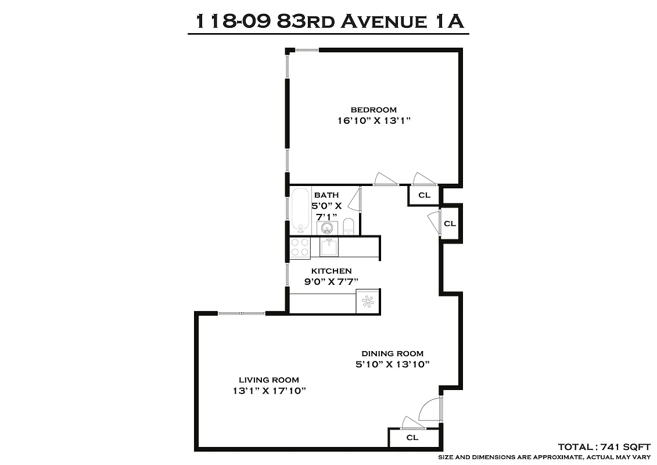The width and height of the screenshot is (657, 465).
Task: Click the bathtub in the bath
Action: (x=300, y=210)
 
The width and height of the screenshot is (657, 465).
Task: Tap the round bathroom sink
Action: (x=328, y=227)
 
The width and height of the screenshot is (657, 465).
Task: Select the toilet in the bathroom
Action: (x=349, y=226)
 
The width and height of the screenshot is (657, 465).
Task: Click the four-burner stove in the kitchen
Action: (x=300, y=248)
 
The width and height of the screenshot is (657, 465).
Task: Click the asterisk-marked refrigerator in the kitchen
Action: (x=368, y=301)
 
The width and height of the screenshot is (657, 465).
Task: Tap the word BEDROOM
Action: (x=374, y=109)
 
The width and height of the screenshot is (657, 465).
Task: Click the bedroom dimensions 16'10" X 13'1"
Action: (x=374, y=121)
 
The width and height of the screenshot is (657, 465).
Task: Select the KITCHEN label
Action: (x=331, y=271)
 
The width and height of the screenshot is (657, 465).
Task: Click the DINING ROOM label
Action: (x=393, y=353)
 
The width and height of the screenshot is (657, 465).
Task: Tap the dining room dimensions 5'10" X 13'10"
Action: (x=393, y=365)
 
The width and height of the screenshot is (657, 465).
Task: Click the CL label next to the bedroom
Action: (x=425, y=195)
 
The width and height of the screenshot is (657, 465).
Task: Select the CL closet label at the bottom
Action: (x=412, y=438)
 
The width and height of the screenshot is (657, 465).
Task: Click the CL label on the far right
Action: (x=450, y=223)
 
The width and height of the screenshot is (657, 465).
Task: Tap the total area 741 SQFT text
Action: (x=604, y=447)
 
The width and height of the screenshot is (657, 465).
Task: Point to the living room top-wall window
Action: (x=242, y=313)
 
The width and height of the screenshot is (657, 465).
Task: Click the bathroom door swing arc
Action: (x=355, y=198)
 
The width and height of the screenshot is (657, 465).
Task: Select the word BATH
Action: (x=326, y=195)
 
